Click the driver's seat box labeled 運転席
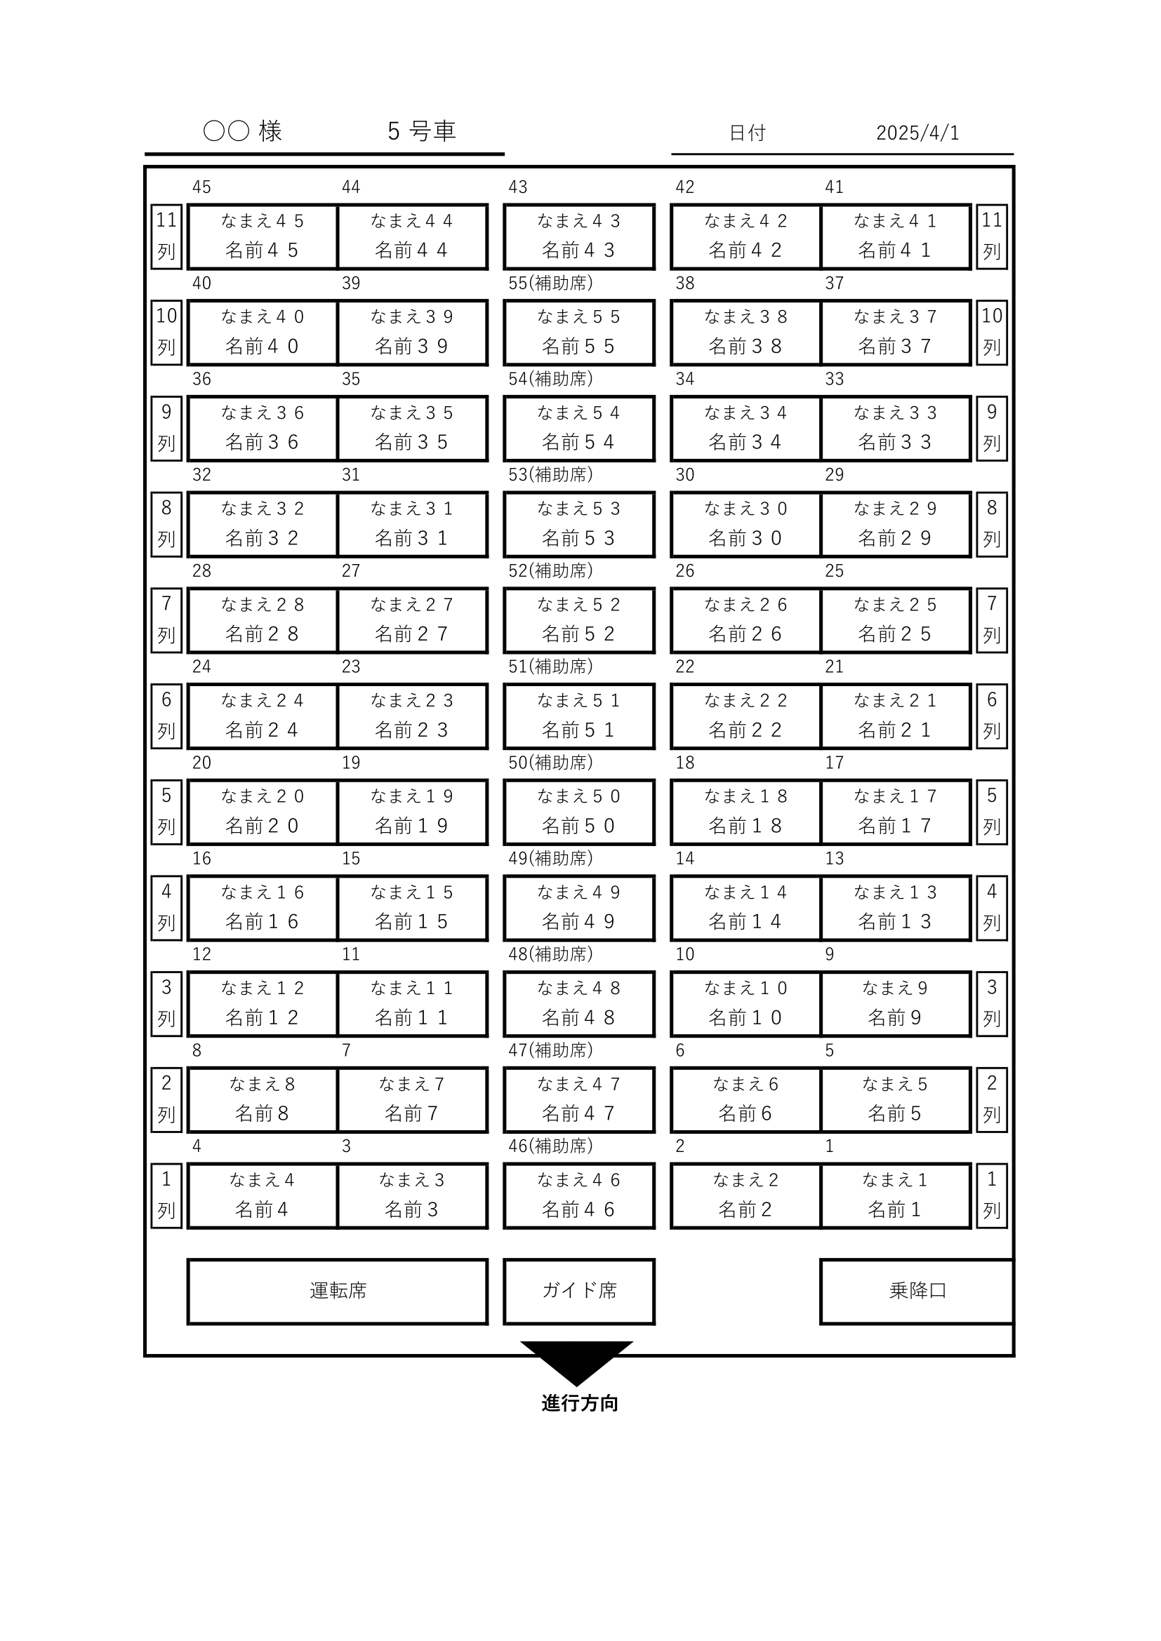click(x=338, y=1291)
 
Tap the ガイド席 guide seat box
click(x=579, y=1291)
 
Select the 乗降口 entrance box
click(x=917, y=1291)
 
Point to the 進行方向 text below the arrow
click(x=580, y=1403)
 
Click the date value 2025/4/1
click(x=917, y=133)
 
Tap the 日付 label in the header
click(x=747, y=133)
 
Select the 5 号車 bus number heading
click(x=422, y=131)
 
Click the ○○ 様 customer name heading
click(x=243, y=131)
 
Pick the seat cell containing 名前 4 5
click(x=263, y=236)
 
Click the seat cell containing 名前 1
click(x=895, y=1195)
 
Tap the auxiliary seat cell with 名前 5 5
click(x=579, y=333)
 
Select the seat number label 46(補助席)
click(x=550, y=1146)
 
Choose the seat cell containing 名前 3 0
click(x=745, y=524)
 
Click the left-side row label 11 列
click(x=166, y=236)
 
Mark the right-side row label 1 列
click(x=992, y=1195)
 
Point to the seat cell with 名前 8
click(x=263, y=1099)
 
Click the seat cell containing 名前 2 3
click(x=412, y=716)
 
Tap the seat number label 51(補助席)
click(x=550, y=667)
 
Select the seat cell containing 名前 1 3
click(x=895, y=908)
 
